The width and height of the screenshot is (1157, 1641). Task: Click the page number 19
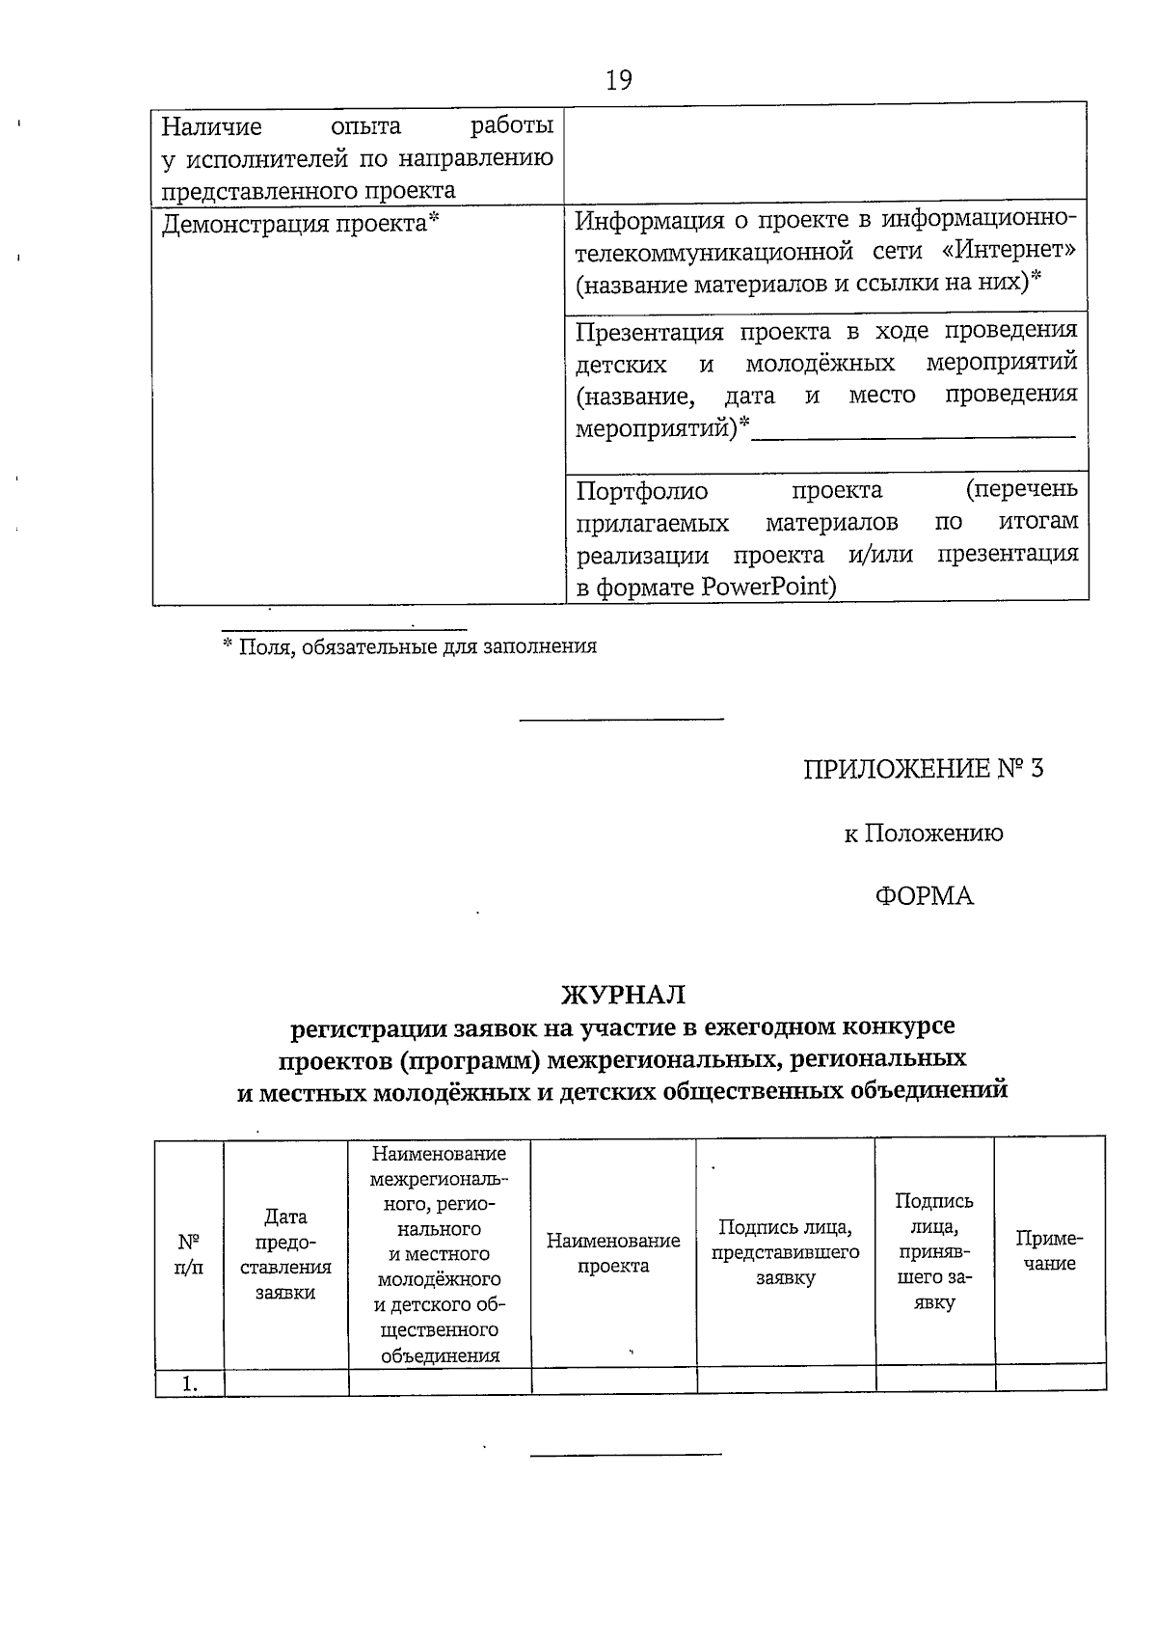click(x=619, y=80)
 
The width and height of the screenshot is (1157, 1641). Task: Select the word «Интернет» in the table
click(x=1009, y=251)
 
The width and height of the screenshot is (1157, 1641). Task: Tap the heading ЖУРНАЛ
click(x=623, y=994)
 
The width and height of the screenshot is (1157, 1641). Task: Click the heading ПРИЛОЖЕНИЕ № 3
click(x=923, y=769)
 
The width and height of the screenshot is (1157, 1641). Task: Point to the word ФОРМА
click(x=924, y=896)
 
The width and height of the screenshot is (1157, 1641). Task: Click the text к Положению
click(x=923, y=833)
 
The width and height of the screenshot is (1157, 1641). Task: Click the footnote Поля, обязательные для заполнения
click(x=410, y=646)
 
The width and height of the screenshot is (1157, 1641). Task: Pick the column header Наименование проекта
click(x=613, y=1253)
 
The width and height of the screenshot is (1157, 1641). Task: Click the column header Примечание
click(x=1049, y=1251)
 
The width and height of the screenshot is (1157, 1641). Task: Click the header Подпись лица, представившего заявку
click(x=785, y=1252)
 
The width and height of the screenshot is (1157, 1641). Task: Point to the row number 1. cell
click(x=189, y=1383)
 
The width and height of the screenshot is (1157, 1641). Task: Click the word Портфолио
click(x=641, y=491)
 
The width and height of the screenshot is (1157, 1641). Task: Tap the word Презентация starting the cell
click(x=649, y=332)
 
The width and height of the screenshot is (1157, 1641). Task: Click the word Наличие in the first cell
click(x=211, y=127)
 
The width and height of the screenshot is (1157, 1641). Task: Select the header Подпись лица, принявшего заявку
click(x=933, y=1251)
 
